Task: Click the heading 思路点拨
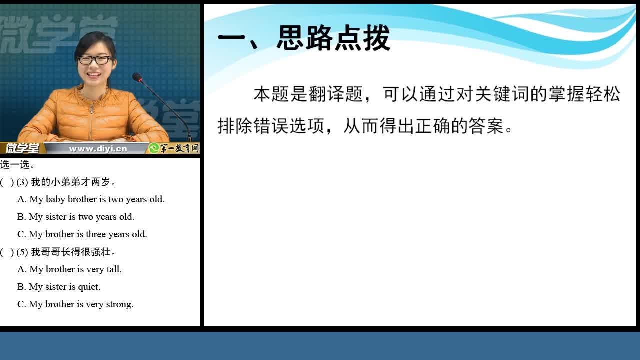333,38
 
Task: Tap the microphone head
137,77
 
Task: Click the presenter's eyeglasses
95,60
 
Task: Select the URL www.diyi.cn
98,149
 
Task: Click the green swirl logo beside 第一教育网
154,148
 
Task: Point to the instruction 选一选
17,164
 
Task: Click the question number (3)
22,182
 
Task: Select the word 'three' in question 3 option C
96,234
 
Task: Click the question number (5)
22,252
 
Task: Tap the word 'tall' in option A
114,269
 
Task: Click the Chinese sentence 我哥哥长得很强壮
73,252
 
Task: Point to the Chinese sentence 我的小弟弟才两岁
73,182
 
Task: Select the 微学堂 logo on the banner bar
22,148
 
